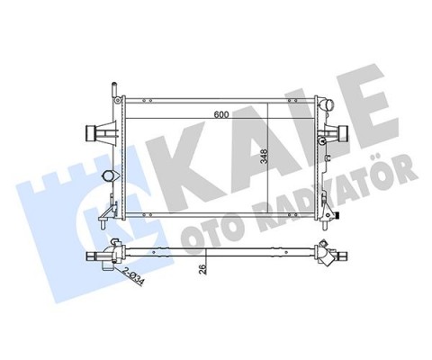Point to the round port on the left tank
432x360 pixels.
pos(112,177)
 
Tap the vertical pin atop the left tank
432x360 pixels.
pos(113,90)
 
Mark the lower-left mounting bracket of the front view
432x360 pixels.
pos(109,212)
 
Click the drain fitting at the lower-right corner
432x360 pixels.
pos(333,216)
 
